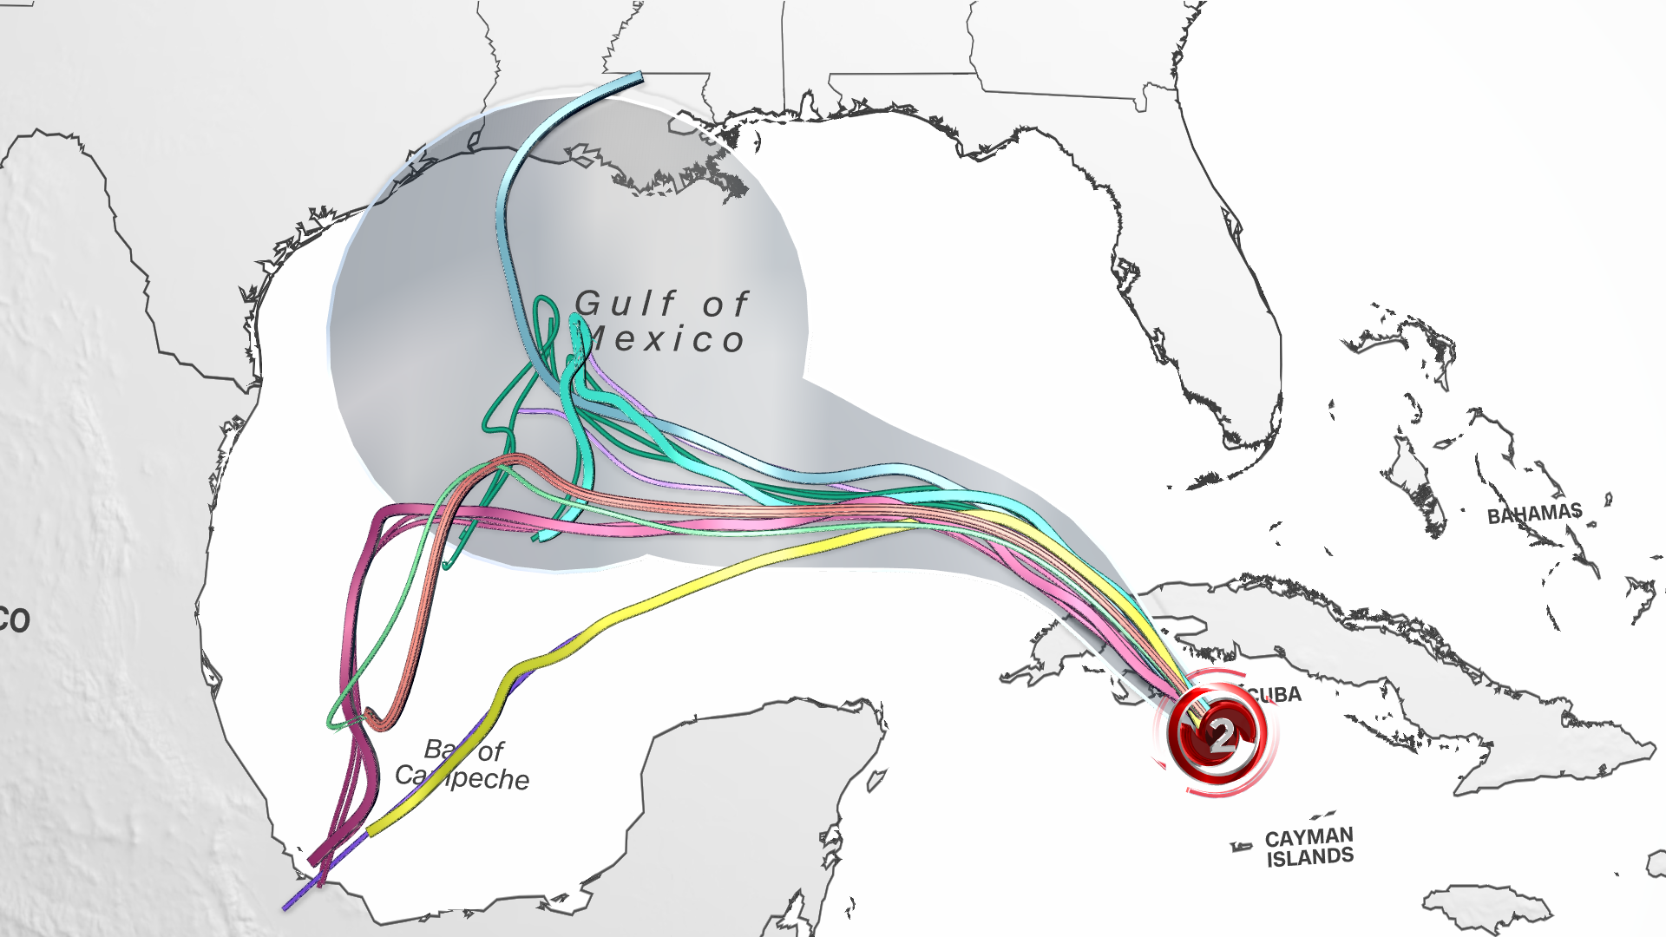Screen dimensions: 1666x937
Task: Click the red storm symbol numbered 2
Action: tap(1218, 735)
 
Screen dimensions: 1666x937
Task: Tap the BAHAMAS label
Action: tap(1534, 514)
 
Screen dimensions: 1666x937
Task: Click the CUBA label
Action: tap(1275, 695)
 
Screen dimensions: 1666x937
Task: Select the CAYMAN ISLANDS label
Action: tap(1309, 847)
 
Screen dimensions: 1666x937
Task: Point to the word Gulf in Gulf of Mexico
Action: tap(625, 304)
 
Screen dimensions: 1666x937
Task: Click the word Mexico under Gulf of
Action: tap(668, 340)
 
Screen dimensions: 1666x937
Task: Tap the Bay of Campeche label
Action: tap(463, 764)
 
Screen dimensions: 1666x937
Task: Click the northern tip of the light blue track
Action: tap(640, 80)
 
